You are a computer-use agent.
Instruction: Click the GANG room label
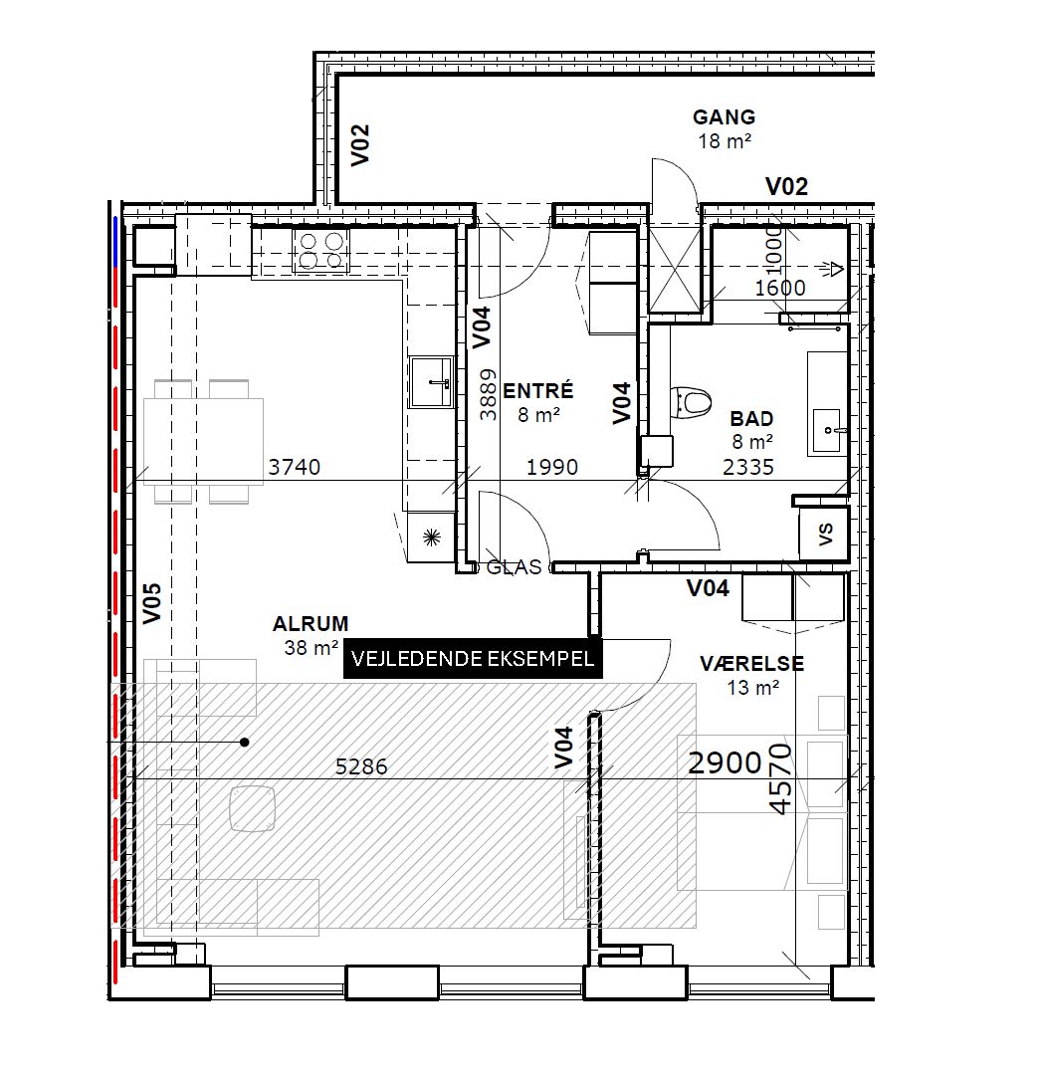point(724,118)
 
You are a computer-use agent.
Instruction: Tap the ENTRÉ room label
point(538,390)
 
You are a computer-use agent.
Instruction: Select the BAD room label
point(751,419)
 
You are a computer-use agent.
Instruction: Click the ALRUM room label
point(311,625)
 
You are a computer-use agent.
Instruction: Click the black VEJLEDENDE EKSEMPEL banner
point(473,659)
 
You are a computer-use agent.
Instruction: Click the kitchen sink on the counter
point(431,382)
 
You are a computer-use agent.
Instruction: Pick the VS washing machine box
point(825,535)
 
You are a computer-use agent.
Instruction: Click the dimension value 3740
point(295,467)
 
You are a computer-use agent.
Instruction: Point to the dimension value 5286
point(361,767)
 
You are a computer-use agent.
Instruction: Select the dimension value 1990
point(551,467)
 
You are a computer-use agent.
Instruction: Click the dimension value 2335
point(748,467)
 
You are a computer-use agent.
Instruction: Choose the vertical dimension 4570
point(782,778)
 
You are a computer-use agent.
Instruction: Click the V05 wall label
point(151,603)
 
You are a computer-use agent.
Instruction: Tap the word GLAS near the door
point(514,567)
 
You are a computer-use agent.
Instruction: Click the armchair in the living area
point(252,807)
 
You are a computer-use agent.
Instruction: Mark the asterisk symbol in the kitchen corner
point(430,537)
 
